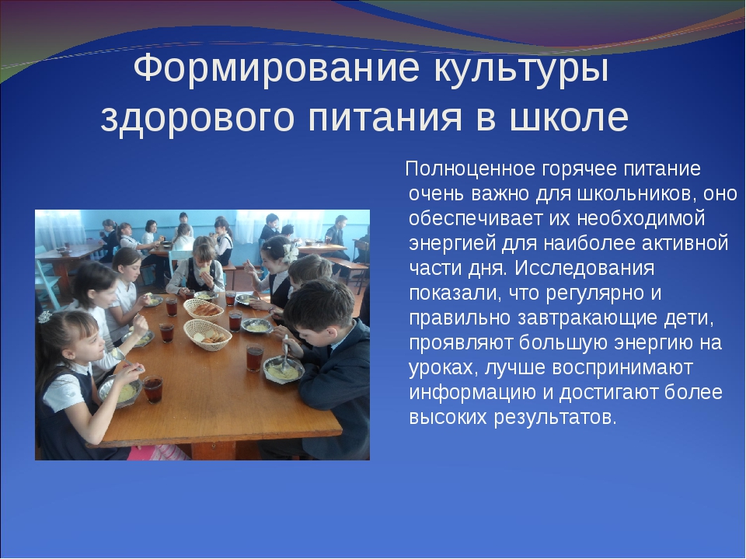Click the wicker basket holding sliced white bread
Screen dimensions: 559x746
(207, 334)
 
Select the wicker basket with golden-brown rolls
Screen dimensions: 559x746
(203, 308)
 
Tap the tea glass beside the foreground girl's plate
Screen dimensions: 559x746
(153, 387)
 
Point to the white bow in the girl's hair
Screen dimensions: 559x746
(289, 250)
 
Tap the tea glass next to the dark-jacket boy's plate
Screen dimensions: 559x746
(254, 357)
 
